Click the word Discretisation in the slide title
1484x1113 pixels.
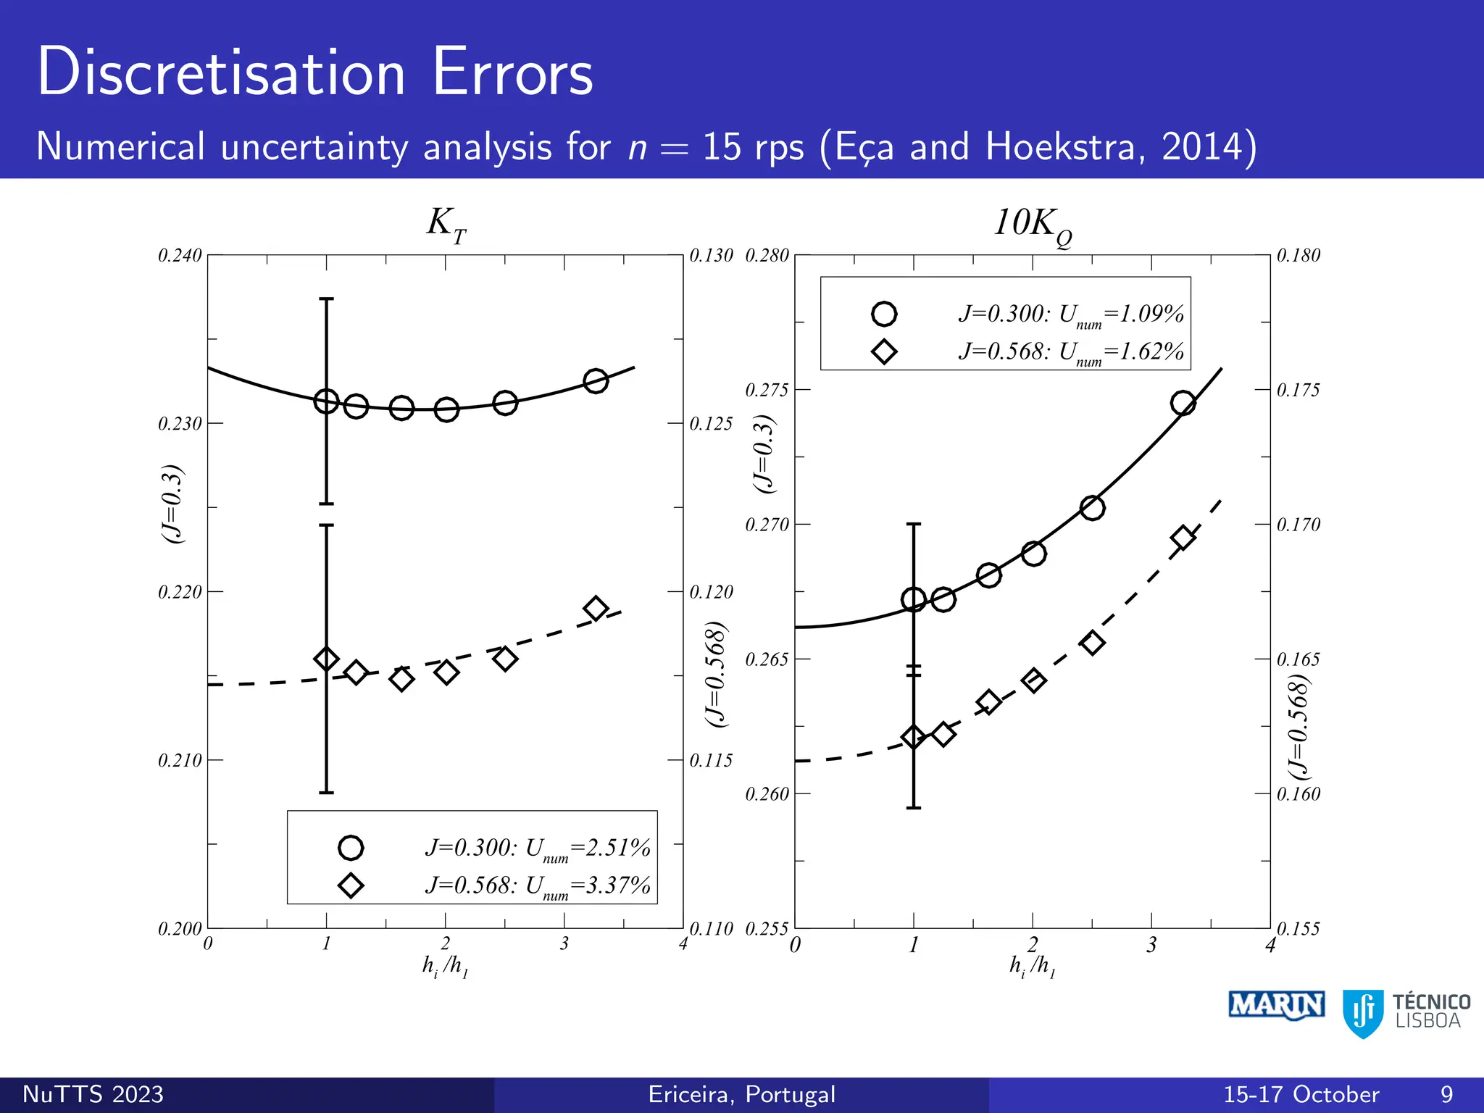[x=221, y=72]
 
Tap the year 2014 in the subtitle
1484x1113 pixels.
[x=1201, y=147]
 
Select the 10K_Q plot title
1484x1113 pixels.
[x=1032, y=225]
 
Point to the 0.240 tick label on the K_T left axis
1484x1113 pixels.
[x=180, y=256]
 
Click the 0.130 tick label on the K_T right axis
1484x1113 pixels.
[x=711, y=256]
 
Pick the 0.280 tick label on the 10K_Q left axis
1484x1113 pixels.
[x=767, y=256]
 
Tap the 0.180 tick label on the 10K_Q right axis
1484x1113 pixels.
[x=1298, y=256]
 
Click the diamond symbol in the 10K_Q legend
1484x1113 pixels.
[x=884, y=352]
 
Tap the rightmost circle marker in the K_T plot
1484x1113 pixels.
[x=596, y=381]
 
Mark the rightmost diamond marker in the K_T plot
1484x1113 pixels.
[x=596, y=609]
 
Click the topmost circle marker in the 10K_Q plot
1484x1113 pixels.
[x=1183, y=403]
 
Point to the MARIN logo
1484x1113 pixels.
[x=1277, y=1006]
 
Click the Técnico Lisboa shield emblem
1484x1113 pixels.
[x=1363, y=1013]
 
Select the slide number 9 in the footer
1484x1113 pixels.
[x=1446, y=1094]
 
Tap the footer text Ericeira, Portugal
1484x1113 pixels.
[x=742, y=1094]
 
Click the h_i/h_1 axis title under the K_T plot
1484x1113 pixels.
[x=446, y=966]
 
